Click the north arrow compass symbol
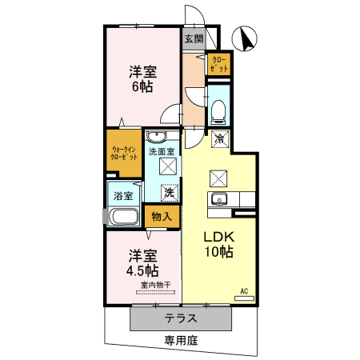[x=244, y=38]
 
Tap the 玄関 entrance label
[x=193, y=38]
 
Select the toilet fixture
[x=218, y=110]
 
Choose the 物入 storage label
[x=161, y=215]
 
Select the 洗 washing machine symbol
[x=169, y=192]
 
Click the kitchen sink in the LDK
[x=220, y=199]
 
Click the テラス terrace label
[x=182, y=318]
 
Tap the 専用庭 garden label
[x=181, y=341]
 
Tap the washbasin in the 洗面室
[x=157, y=135]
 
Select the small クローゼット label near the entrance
[x=218, y=64]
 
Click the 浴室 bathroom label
[x=122, y=194]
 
